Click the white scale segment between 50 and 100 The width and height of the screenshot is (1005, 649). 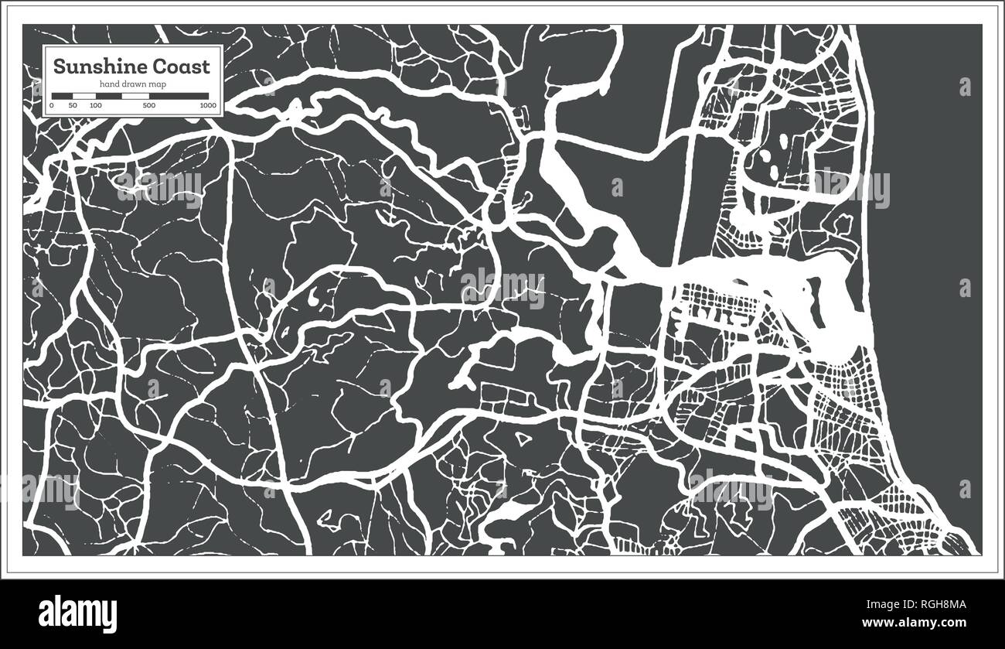click(x=84, y=96)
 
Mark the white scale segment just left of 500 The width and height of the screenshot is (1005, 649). click(x=135, y=96)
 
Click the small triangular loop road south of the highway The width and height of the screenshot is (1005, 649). click(x=523, y=440)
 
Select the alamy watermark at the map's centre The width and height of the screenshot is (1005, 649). click(x=502, y=288)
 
